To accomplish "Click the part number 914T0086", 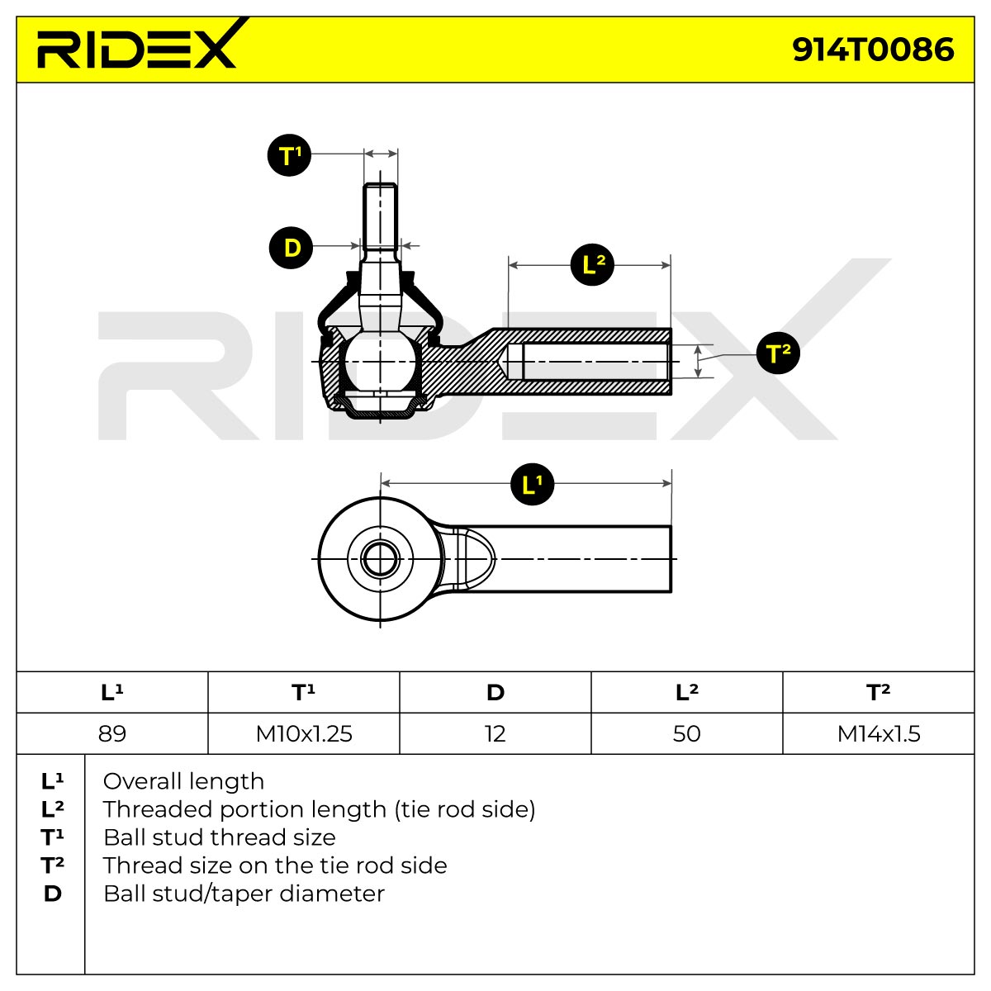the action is [x=873, y=50].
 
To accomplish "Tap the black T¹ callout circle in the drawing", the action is [x=289, y=155].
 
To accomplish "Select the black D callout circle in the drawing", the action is [x=291, y=248].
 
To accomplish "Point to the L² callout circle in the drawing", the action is [x=592, y=265].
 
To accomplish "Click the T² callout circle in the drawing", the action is [x=778, y=353].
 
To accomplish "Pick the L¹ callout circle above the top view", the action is [x=533, y=484].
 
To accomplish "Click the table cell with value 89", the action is [x=112, y=734].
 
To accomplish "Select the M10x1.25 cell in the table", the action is [x=304, y=734].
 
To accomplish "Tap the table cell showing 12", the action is [x=495, y=734].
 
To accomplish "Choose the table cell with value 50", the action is [x=687, y=734].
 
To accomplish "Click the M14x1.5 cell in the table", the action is [x=879, y=734].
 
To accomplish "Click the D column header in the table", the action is [x=495, y=692].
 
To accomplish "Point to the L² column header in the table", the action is [x=687, y=692].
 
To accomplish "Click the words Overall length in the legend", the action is [x=183, y=782].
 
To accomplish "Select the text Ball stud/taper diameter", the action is [x=244, y=894].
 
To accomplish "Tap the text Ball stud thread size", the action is [x=220, y=837].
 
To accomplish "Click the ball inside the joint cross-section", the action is [x=380, y=362].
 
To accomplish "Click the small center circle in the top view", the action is [x=380, y=559].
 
